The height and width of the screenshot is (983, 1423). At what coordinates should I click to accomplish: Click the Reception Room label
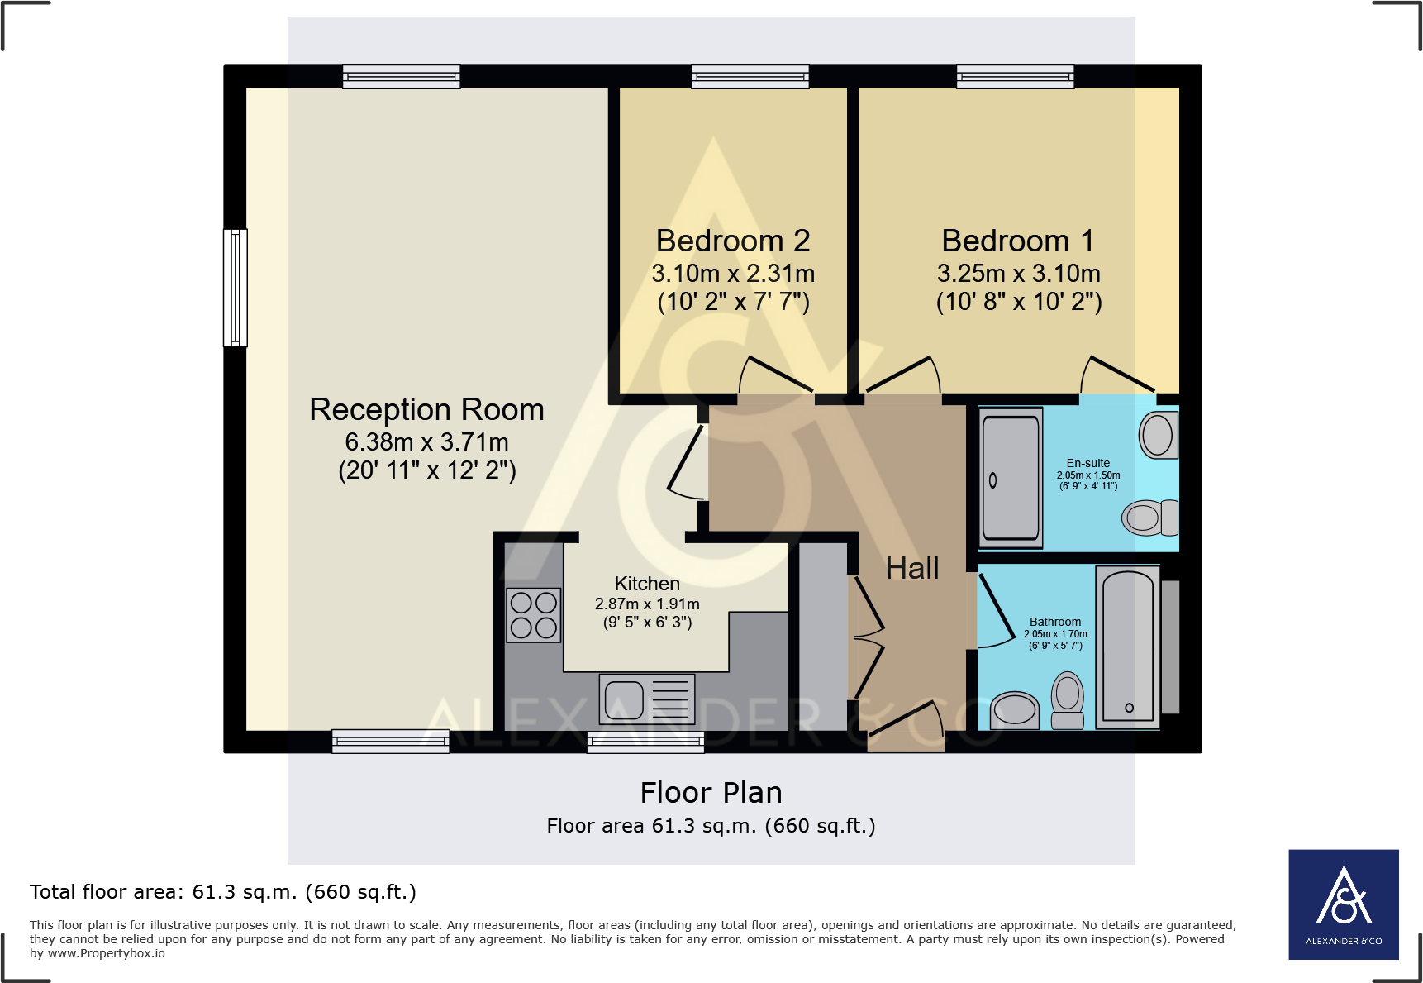pyautogui.click(x=426, y=410)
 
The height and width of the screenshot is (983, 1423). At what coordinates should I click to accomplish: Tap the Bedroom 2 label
pyautogui.click(x=732, y=241)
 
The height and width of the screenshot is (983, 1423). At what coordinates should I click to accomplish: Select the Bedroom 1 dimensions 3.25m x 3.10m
pyautogui.click(x=1018, y=274)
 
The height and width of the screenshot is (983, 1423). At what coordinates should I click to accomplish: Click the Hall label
pyautogui.click(x=911, y=569)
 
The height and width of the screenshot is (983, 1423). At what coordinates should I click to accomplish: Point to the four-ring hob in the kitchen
pyautogui.click(x=533, y=615)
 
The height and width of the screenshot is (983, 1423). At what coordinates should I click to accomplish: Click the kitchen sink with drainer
pyautogui.click(x=647, y=699)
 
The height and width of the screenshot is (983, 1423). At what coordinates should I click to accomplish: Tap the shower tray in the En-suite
pyautogui.click(x=1010, y=479)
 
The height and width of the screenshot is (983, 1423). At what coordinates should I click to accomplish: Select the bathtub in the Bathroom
pyautogui.click(x=1127, y=647)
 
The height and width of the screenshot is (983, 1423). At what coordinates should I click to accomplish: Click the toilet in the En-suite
pyautogui.click(x=1149, y=518)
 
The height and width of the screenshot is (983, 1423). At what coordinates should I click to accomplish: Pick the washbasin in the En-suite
pyautogui.click(x=1158, y=435)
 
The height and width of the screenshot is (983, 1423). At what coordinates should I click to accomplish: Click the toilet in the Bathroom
pyautogui.click(x=1067, y=699)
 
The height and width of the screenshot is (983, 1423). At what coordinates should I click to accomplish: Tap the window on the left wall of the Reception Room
pyautogui.click(x=236, y=288)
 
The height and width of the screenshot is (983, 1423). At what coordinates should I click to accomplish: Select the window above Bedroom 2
pyautogui.click(x=750, y=77)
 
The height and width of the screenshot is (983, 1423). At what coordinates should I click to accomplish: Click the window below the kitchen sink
pyautogui.click(x=645, y=742)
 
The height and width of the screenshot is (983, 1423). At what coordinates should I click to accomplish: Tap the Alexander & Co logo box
pyautogui.click(x=1343, y=904)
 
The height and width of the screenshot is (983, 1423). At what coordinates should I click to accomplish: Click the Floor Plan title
pyautogui.click(x=711, y=793)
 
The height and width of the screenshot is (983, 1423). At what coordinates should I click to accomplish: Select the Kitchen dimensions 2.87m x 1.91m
pyautogui.click(x=647, y=604)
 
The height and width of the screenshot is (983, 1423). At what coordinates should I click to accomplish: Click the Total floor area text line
pyautogui.click(x=223, y=892)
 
